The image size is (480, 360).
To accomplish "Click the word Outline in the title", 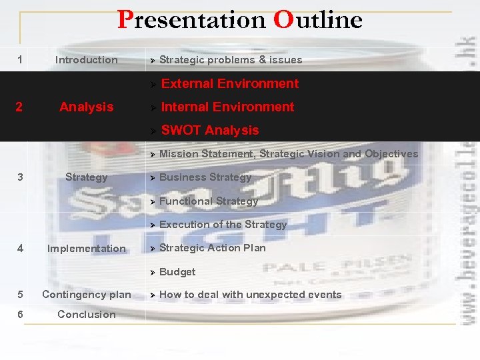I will [x=317, y=20].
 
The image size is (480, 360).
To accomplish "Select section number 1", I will [x=20, y=60].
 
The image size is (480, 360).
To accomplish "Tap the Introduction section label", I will [x=86, y=60].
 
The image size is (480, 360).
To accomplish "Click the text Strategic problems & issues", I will [x=231, y=60].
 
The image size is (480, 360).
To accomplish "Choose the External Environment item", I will [x=230, y=83].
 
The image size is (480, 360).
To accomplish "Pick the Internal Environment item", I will [x=227, y=107].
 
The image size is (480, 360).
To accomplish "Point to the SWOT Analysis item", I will [x=210, y=130].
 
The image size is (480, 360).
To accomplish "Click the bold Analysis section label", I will [x=86, y=107].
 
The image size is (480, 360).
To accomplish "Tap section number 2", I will [x=20, y=107].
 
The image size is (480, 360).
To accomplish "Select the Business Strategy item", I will [x=205, y=177].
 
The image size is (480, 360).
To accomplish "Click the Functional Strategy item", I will [x=209, y=201].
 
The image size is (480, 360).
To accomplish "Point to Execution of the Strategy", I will [x=223, y=225].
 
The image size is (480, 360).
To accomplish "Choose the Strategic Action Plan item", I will [x=212, y=248].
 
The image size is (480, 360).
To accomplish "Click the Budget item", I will [x=177, y=272].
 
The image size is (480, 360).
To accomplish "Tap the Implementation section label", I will [x=86, y=249].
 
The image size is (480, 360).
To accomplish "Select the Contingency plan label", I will [x=86, y=295].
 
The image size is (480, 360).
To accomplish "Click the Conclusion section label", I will [x=86, y=315].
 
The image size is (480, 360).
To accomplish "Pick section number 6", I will [x=20, y=315].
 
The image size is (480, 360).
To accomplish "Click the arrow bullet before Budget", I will [x=153, y=272].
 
